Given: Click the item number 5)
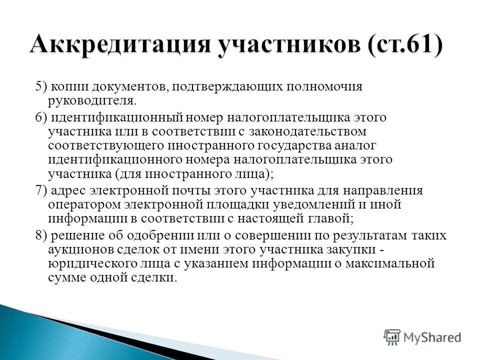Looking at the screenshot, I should (x=41, y=86).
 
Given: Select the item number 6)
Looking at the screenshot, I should (x=41, y=118).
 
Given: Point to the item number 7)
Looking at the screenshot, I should (x=41, y=191).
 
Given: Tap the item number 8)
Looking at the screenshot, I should (x=41, y=236).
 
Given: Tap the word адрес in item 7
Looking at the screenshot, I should (x=68, y=191).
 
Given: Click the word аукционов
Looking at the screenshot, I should (x=80, y=250).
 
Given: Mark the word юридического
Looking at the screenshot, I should (x=93, y=264).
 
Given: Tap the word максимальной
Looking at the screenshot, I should (x=392, y=264).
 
